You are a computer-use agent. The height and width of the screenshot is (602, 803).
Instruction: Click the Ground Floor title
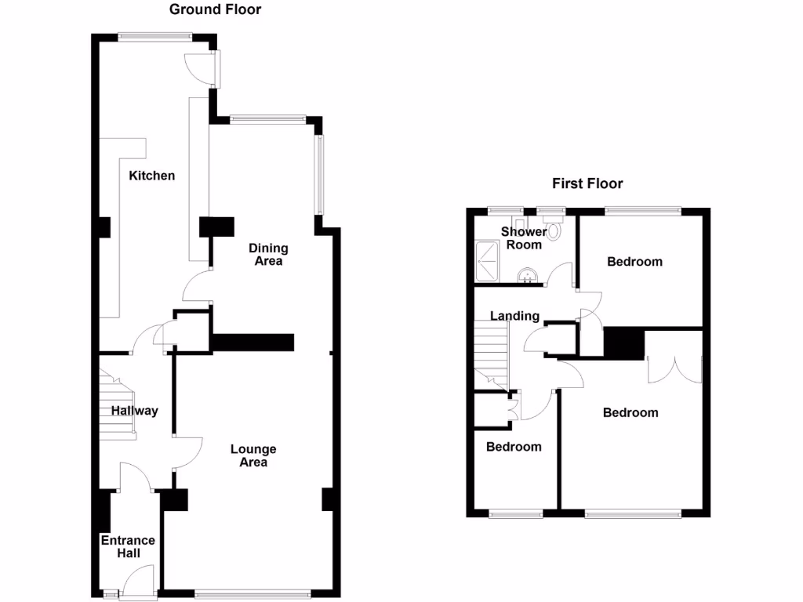(216, 9)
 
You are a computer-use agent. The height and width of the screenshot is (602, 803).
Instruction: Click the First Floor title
(587, 183)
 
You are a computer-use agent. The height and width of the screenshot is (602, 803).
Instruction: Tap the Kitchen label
(152, 176)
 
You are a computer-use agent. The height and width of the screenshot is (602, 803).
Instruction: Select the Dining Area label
(268, 255)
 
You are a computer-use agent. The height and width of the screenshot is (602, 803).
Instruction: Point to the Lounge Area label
(253, 456)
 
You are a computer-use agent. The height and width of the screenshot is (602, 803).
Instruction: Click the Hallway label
(134, 411)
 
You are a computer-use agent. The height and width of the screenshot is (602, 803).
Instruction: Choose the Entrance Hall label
(128, 547)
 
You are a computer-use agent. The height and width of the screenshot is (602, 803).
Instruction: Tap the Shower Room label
(523, 238)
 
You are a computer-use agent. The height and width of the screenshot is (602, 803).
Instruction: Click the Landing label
(514, 316)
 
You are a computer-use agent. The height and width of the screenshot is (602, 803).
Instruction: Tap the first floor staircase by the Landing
(491, 357)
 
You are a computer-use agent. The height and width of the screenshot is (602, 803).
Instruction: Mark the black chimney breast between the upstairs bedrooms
(623, 343)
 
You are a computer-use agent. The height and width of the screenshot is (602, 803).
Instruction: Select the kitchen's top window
(154, 35)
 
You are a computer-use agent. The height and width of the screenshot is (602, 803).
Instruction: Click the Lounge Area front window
(253, 594)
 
